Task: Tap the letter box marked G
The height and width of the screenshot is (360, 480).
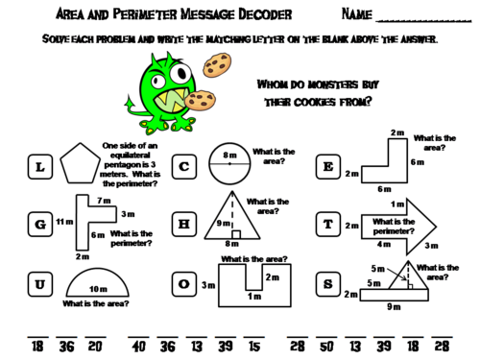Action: click(38, 226)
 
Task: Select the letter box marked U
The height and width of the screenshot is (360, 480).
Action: click(38, 284)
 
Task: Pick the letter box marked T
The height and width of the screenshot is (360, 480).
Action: click(327, 225)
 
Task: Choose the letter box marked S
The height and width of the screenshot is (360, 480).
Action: click(327, 283)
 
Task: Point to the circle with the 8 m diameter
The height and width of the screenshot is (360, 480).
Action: click(229, 166)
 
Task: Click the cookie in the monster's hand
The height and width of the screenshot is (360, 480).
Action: click(200, 99)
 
